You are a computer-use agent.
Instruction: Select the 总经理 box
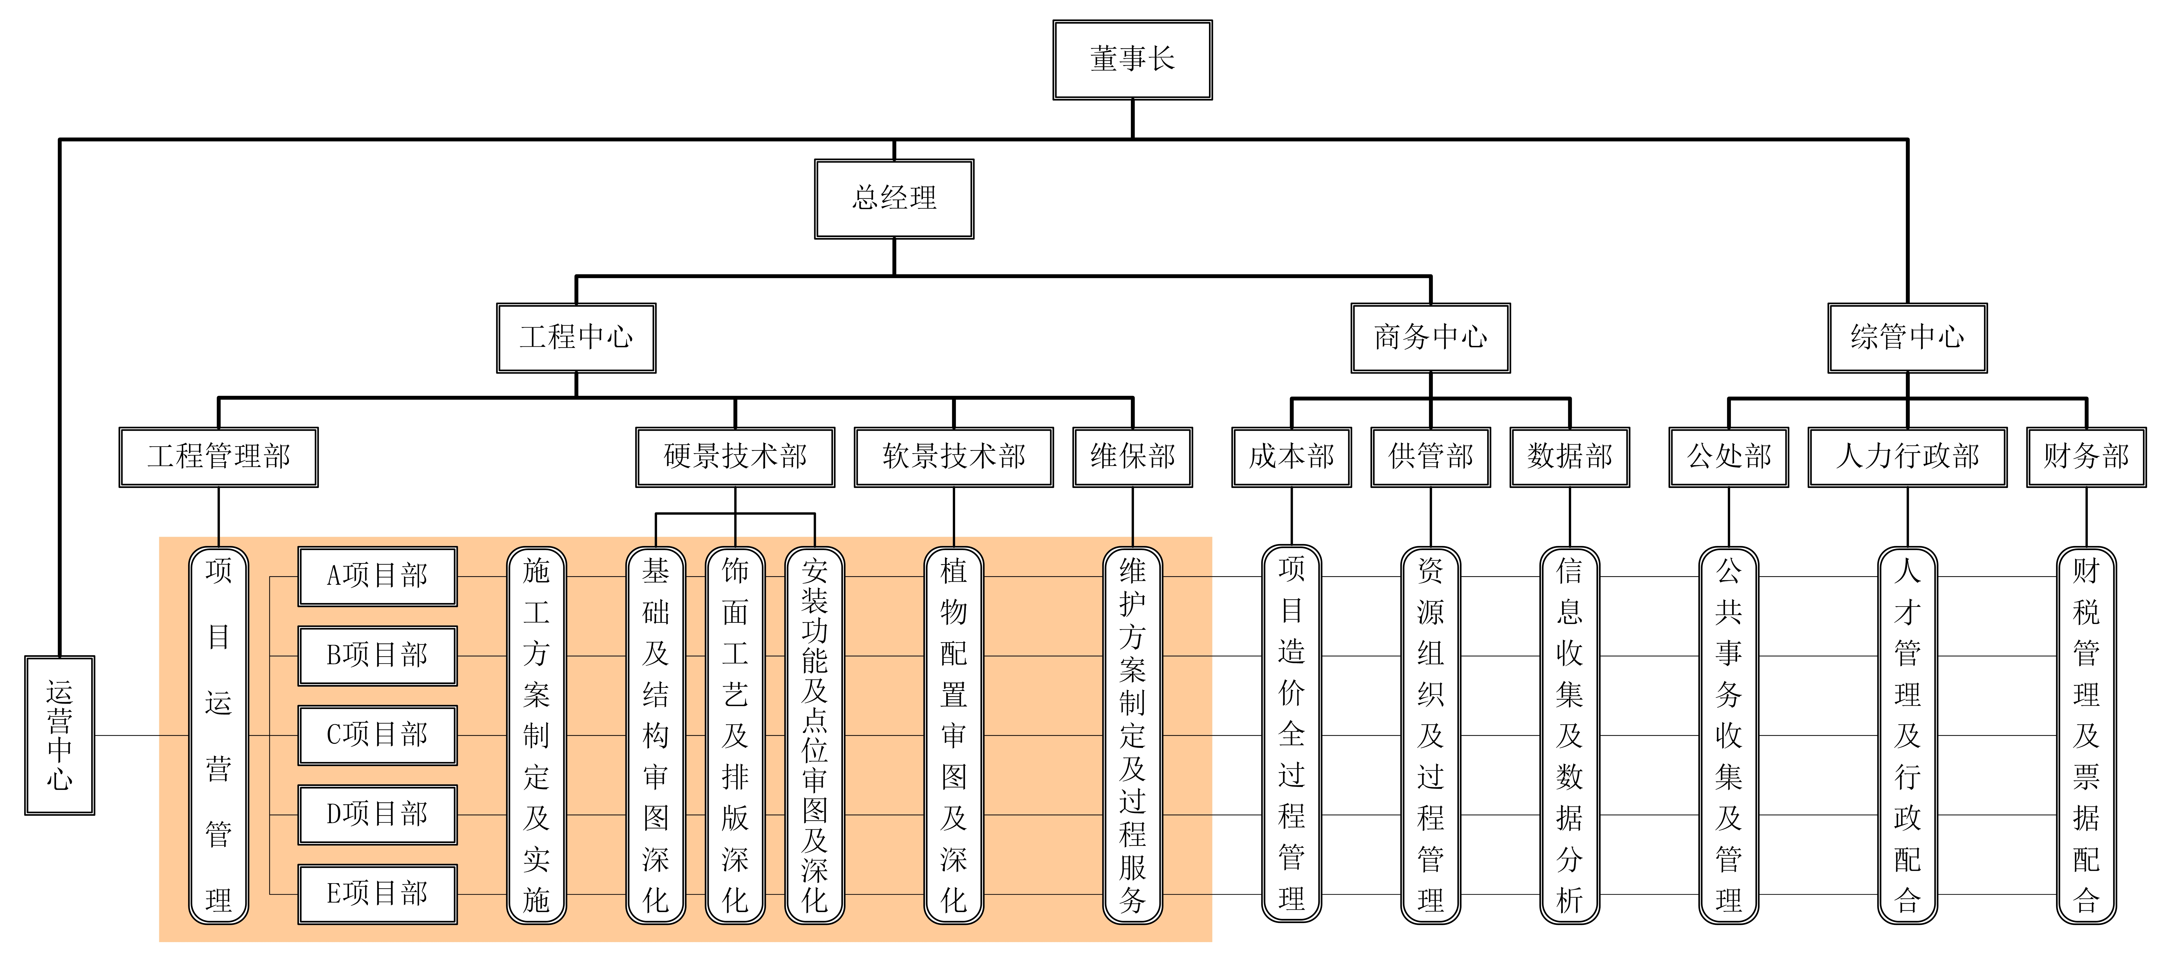pyautogui.click(x=894, y=198)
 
